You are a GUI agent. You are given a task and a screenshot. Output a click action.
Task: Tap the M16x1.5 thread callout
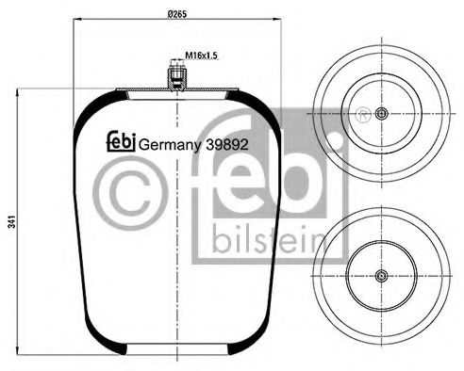pyautogui.click(x=202, y=56)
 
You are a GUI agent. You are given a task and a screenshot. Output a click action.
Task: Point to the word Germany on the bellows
pyautogui.click(x=167, y=145)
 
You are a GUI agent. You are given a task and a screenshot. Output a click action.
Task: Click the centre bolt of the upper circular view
pyautogui.click(x=381, y=114)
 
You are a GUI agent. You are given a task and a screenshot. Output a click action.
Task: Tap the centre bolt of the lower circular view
pyautogui.click(x=381, y=276)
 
